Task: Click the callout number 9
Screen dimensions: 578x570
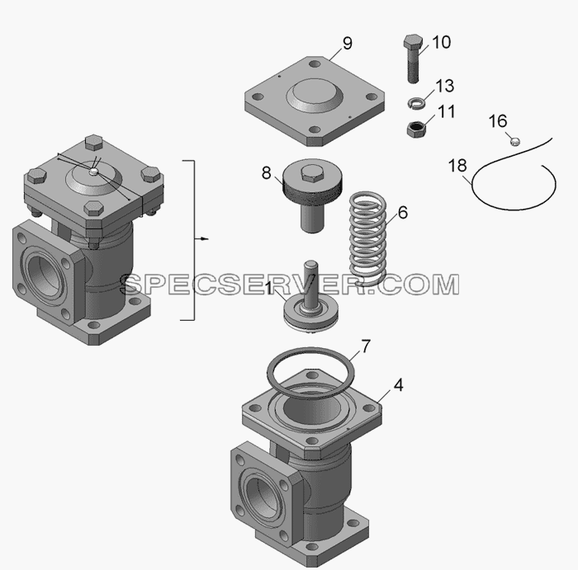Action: (x=348, y=44)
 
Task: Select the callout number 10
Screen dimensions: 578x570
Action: (x=441, y=42)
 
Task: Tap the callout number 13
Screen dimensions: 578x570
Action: (x=445, y=86)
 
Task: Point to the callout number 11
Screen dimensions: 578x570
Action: (x=447, y=111)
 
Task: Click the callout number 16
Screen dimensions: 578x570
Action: (x=498, y=121)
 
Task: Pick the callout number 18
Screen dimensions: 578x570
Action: (x=457, y=166)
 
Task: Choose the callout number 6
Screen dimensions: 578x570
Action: (x=403, y=213)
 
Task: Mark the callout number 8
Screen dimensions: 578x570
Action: (x=266, y=172)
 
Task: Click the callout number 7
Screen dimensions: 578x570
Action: (x=365, y=346)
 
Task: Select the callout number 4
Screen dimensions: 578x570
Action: (x=399, y=385)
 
